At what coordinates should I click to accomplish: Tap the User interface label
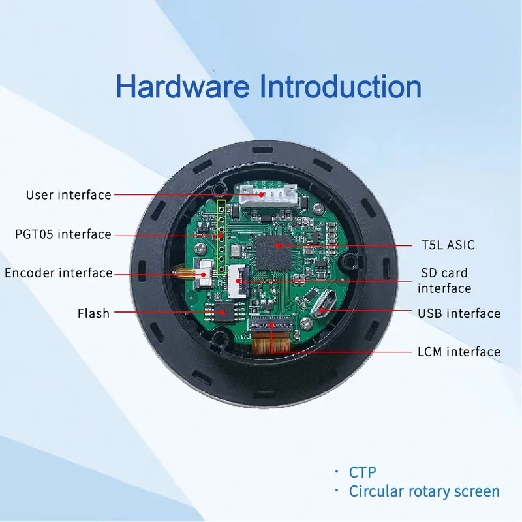click(69, 194)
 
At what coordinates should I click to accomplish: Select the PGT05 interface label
click(63, 234)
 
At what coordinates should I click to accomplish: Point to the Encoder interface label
click(59, 273)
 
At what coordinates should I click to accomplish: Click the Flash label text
click(93, 313)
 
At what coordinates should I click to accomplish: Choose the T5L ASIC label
click(448, 245)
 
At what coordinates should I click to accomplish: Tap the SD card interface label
click(444, 281)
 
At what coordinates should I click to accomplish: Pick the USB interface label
click(459, 314)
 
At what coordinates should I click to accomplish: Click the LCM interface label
click(459, 352)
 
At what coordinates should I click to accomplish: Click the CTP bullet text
click(363, 471)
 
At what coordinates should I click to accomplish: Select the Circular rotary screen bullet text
click(424, 491)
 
